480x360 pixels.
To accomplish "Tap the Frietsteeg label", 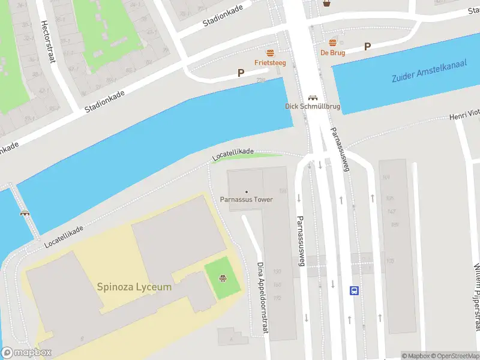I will point(270,62).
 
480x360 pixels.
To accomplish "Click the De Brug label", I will point(332,52).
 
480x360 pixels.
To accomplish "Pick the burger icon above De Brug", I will point(332,42).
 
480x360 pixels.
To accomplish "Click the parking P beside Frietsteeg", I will point(241,73).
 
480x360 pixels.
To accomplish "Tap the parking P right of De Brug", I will point(367,46).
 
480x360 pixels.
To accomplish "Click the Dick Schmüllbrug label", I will point(312,107).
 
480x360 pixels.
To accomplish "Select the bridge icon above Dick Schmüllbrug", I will point(312,97).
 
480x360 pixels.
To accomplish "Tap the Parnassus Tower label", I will point(246,200).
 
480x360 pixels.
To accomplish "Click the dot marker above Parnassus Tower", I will point(246,191).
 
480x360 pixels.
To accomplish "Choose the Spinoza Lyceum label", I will point(134,287).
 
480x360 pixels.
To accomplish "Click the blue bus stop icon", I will point(354,290).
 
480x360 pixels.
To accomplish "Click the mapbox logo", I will point(26,353).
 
